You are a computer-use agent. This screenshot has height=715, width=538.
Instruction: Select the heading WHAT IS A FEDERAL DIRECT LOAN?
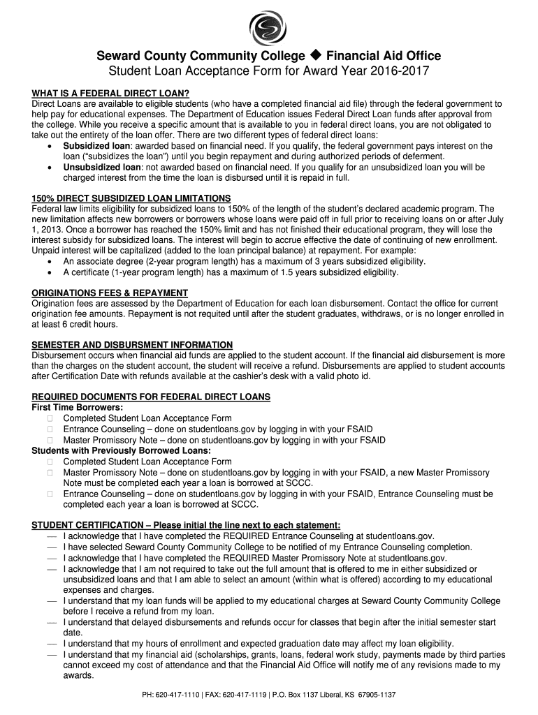(110, 94)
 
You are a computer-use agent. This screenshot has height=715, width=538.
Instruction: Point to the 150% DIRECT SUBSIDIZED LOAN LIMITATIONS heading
(131, 198)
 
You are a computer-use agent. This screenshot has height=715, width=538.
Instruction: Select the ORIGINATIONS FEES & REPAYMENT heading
(110, 293)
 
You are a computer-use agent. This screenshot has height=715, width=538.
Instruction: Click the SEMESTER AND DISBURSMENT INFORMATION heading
(132, 345)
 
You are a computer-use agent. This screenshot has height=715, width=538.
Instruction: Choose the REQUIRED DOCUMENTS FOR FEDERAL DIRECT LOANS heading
(151, 397)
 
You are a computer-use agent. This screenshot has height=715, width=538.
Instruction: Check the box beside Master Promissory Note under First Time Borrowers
(50, 441)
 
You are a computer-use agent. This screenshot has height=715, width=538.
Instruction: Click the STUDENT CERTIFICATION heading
(187, 525)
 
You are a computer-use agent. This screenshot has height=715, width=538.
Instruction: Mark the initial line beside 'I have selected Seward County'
(52, 547)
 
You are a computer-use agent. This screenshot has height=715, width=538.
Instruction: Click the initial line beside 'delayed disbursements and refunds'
(52, 622)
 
